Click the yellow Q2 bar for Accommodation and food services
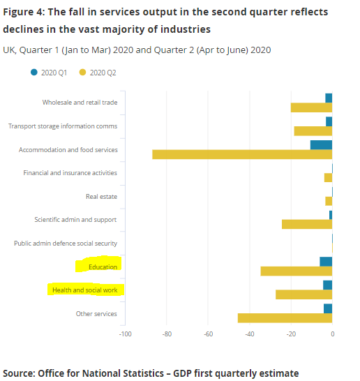tap(242, 154)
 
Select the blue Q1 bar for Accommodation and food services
tap(321, 144)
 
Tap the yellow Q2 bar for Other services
tap(285, 317)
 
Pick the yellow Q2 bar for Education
tap(296, 271)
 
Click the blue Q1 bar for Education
tap(326, 261)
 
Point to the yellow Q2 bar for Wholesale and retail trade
tap(311, 107)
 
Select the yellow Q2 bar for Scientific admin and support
tap(306, 224)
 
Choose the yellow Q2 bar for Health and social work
tap(303, 294)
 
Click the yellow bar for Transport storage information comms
tap(313, 131)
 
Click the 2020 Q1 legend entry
tap(49, 73)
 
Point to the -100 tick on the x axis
tap(126, 334)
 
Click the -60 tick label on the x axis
tap(208, 334)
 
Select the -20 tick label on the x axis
tap(291, 334)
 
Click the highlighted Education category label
tap(102, 267)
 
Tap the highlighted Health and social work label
tap(84, 290)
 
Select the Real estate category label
tap(101, 197)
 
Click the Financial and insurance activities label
tap(70, 173)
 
